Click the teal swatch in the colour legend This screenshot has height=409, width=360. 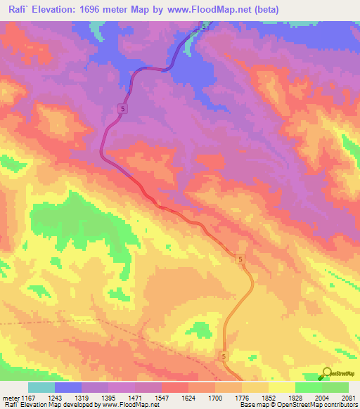tap(41, 388)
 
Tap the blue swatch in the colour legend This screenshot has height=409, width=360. tap(68, 388)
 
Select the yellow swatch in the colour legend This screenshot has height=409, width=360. tap(282, 388)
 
